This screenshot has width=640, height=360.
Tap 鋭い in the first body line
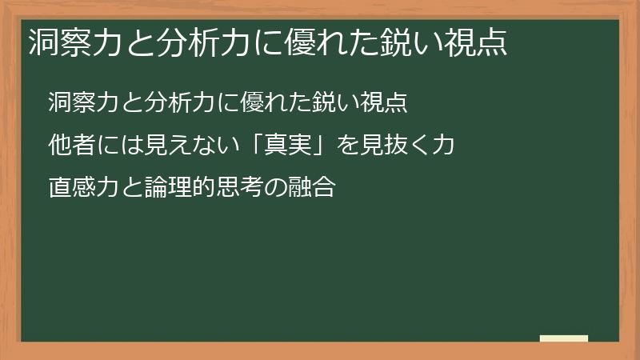(334, 103)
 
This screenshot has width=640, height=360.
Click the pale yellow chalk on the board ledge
(564, 338)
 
